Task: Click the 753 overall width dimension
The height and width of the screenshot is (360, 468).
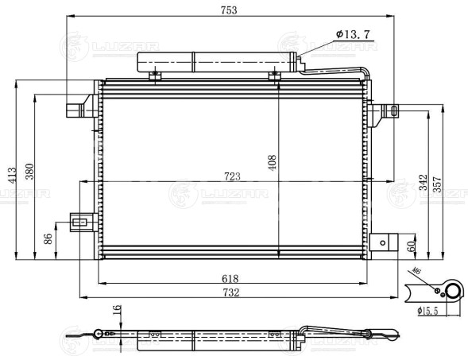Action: pos(229,10)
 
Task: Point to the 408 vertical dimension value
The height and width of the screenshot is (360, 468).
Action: pos(273,163)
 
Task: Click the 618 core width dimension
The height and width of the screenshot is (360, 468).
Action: pos(231,279)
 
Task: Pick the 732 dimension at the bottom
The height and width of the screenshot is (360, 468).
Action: pos(231,292)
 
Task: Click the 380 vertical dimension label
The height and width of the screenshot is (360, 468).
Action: pos(29,172)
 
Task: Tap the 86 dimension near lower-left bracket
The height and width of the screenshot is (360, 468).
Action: pos(48,238)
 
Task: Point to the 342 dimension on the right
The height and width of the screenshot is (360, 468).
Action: pos(424,183)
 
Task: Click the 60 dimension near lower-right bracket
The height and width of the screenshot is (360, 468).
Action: pos(411,246)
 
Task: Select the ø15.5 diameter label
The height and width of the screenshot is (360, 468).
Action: pos(429,311)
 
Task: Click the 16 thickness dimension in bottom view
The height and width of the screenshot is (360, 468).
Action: pos(116,310)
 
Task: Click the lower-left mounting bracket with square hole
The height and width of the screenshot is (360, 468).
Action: pos(79,222)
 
